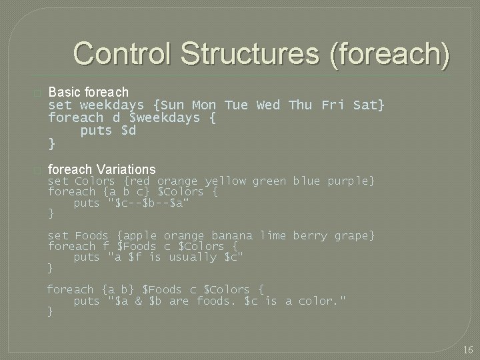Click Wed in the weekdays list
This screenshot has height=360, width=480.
[x=268, y=105]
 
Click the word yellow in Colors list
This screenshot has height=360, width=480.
[x=225, y=181]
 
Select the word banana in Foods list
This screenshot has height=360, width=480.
[x=232, y=236]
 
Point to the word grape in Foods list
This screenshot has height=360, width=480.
[x=355, y=236]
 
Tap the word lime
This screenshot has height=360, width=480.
[x=273, y=236]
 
